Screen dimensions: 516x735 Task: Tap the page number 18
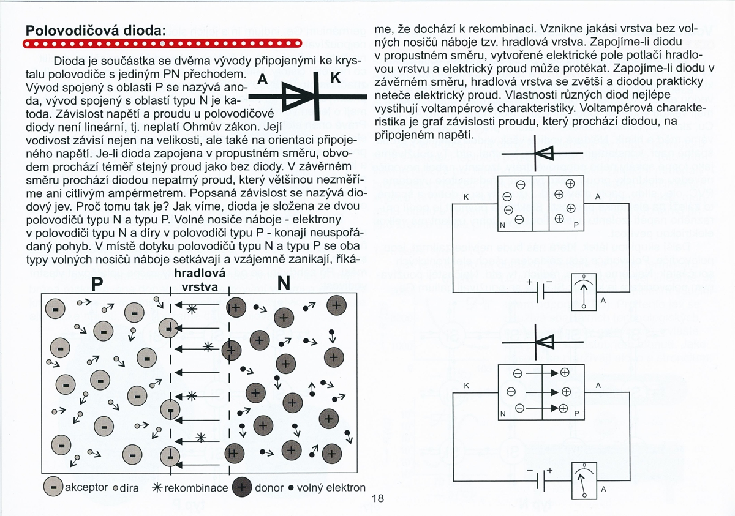point(377,498)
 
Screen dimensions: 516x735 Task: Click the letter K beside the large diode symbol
point(336,78)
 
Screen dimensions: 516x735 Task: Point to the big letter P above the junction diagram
point(97,284)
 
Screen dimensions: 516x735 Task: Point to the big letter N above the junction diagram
point(284,283)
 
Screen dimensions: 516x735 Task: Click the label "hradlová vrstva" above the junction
point(200,280)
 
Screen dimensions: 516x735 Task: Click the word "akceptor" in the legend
point(86,488)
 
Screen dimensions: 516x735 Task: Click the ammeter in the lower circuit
point(583,480)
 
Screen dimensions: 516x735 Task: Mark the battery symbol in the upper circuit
point(537,292)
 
